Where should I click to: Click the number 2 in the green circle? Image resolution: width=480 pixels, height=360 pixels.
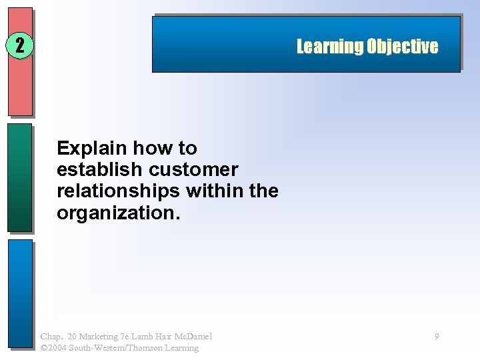pos(20,46)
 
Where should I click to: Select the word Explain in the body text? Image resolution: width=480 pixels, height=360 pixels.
pos(92,147)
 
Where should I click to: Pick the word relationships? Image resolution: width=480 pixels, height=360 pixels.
pos(119,191)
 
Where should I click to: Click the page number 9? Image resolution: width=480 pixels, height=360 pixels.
pos(437,337)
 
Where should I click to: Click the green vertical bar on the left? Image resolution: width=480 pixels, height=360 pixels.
pos(20,177)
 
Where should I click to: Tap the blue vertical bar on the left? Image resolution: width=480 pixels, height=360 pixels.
pos(20,293)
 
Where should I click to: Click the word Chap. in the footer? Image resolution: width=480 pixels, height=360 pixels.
pos(51,337)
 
